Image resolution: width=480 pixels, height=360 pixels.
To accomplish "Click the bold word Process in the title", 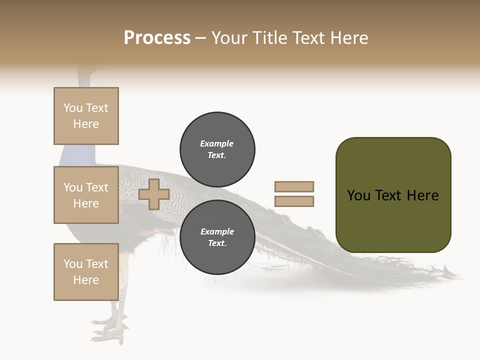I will pyautogui.click(x=157, y=38).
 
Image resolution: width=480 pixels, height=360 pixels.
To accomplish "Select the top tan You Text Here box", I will pyautogui.click(x=86, y=116).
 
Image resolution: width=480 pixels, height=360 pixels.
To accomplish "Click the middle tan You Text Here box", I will pyautogui.click(x=86, y=195).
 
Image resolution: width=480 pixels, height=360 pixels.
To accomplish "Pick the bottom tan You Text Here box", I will pyautogui.click(x=86, y=271).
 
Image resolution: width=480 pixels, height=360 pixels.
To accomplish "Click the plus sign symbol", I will pyautogui.click(x=154, y=194).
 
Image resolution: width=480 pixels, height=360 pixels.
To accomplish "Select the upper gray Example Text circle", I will pyautogui.click(x=217, y=149).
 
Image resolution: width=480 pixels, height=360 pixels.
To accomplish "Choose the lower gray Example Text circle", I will pyautogui.click(x=217, y=237).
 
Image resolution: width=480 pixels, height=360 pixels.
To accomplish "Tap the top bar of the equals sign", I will pyautogui.click(x=294, y=186).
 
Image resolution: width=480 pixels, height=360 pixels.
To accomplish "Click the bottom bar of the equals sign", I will pyautogui.click(x=294, y=201).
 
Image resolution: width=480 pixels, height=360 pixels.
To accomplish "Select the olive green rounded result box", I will pyautogui.click(x=393, y=194).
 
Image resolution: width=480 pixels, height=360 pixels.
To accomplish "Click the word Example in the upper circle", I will pyautogui.click(x=217, y=143).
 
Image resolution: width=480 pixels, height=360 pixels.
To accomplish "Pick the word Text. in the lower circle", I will pyautogui.click(x=217, y=243).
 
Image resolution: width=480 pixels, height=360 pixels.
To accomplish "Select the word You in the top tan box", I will pyautogui.click(x=73, y=108).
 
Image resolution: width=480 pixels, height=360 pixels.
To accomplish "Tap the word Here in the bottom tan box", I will pyautogui.click(x=86, y=280).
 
